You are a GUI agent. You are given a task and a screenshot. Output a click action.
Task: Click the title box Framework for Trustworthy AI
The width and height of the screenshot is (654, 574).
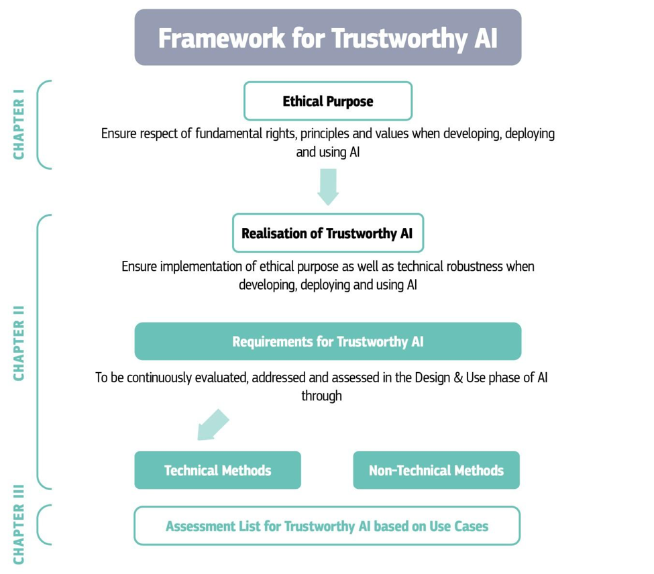328,37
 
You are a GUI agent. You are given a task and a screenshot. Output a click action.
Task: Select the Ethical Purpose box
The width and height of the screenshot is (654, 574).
328,101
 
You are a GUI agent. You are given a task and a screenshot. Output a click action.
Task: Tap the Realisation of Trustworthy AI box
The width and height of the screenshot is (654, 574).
328,233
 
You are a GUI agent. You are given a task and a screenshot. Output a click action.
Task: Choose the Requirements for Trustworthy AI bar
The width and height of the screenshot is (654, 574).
328,341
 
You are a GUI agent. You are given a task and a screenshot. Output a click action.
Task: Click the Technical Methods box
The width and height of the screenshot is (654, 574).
218,470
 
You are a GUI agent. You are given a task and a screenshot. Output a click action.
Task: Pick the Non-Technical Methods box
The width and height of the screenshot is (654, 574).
436,470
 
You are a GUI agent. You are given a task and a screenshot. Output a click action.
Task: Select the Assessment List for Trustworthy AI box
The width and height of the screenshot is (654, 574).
327,526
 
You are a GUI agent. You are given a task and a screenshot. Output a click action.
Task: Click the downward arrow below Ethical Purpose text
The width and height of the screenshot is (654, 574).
328,186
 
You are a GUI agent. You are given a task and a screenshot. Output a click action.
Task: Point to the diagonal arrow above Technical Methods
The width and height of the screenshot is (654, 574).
213,424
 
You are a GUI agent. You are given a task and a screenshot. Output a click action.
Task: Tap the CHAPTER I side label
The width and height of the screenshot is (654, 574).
19,124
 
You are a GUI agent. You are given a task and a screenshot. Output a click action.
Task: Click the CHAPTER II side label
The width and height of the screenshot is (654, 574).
19,343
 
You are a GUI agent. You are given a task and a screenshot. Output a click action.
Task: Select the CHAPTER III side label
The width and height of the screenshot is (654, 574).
19,524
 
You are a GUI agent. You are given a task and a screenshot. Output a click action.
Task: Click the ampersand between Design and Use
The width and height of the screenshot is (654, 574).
458,378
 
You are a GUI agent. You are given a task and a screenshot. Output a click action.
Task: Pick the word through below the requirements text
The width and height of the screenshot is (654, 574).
321,396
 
